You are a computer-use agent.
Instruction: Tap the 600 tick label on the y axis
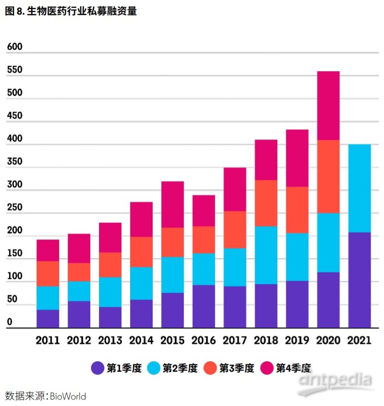point(15,47)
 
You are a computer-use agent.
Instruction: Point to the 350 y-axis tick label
point(15,162)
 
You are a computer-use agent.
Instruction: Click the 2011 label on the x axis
point(48,340)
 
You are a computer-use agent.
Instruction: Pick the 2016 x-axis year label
point(203,340)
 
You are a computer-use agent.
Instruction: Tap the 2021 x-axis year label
point(359,340)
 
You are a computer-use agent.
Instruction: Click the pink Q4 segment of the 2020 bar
point(328,105)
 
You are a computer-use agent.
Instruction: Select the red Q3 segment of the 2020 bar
point(328,176)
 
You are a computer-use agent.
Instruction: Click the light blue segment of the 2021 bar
point(359,188)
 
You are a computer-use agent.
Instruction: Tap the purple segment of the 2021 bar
point(359,280)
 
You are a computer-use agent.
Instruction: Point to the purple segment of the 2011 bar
point(48,319)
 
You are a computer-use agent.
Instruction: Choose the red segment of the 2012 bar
point(79,272)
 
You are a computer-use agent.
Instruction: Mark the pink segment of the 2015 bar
point(172,204)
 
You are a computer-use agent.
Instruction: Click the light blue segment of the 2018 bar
point(266,255)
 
